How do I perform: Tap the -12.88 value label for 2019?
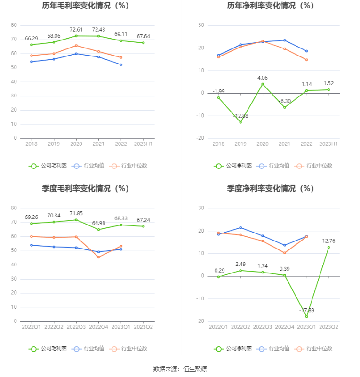click(240, 116)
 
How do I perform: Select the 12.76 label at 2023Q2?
click(328, 241)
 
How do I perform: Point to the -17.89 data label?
click(306, 310)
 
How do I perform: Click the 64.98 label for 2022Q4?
click(98, 223)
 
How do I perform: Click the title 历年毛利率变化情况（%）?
click(85, 6)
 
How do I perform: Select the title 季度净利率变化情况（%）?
click(270, 188)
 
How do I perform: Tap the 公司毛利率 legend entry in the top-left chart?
click(48, 166)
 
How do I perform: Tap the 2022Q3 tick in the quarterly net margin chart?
click(263, 327)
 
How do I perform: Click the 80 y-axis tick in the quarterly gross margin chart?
click(14, 208)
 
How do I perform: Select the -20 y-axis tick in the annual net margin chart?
click(200, 138)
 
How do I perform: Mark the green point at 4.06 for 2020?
click(263, 84)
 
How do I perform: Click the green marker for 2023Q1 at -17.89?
click(306, 316)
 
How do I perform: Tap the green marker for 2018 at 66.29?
click(32, 45)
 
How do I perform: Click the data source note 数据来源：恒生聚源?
click(180, 369)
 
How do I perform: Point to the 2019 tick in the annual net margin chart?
click(240, 144)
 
